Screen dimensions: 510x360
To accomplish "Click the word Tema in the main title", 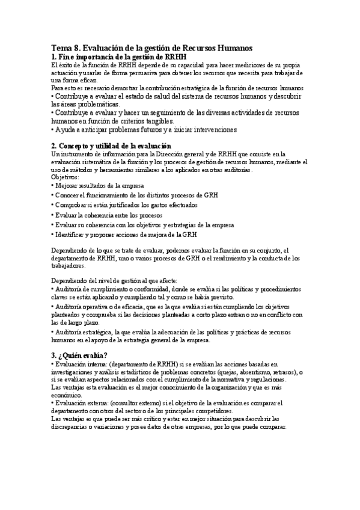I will [61, 48].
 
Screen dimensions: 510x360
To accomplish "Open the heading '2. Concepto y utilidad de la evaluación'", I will [111, 146].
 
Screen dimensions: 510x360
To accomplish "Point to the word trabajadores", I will [69, 265].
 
